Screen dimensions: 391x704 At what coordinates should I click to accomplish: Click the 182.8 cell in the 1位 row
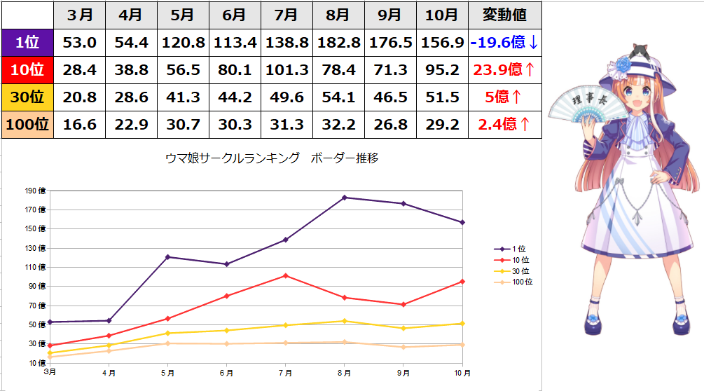click(338, 43)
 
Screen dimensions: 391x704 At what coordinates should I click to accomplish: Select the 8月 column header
click(338, 15)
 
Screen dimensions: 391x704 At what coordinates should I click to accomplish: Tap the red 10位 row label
click(27, 70)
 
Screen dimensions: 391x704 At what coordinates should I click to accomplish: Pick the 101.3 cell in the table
click(287, 70)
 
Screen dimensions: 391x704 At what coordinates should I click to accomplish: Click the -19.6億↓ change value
click(504, 43)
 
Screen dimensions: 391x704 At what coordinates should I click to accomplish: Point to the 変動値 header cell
click(504, 15)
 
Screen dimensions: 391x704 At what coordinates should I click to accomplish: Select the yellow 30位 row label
click(27, 97)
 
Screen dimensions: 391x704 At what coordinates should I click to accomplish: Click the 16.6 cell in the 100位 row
click(80, 125)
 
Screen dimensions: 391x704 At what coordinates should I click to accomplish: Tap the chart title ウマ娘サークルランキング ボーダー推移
click(272, 158)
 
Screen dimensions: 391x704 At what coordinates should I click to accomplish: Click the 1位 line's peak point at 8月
click(344, 198)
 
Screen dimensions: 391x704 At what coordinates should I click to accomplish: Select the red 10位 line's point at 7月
click(285, 275)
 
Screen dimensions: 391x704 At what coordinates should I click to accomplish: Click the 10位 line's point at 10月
click(462, 282)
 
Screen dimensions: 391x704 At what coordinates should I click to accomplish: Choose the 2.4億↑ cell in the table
click(504, 125)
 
